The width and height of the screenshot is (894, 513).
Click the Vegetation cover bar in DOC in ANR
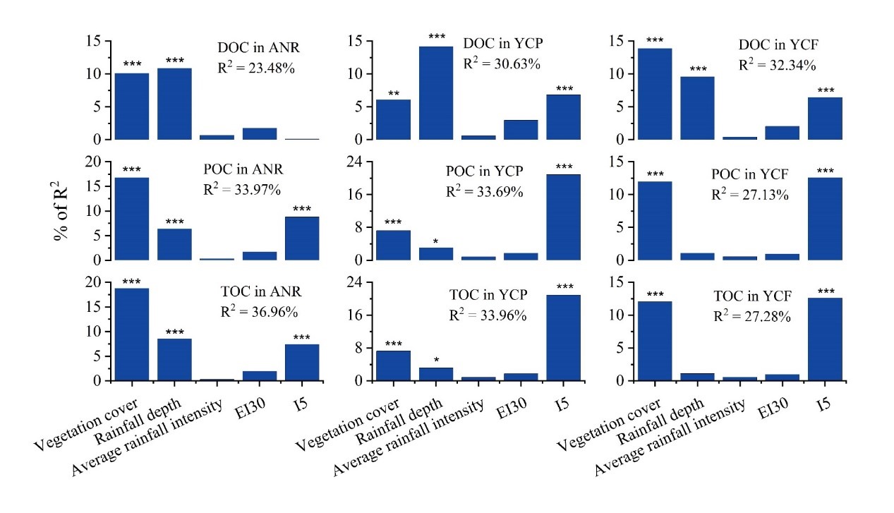pyautogui.click(x=131, y=107)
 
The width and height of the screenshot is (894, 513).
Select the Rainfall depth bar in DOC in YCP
pyautogui.click(x=435, y=93)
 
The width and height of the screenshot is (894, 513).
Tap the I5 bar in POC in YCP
pyautogui.click(x=563, y=217)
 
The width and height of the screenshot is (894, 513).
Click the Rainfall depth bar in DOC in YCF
pyautogui.click(x=697, y=108)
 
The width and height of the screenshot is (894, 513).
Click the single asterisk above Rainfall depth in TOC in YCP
pyautogui.click(x=436, y=360)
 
